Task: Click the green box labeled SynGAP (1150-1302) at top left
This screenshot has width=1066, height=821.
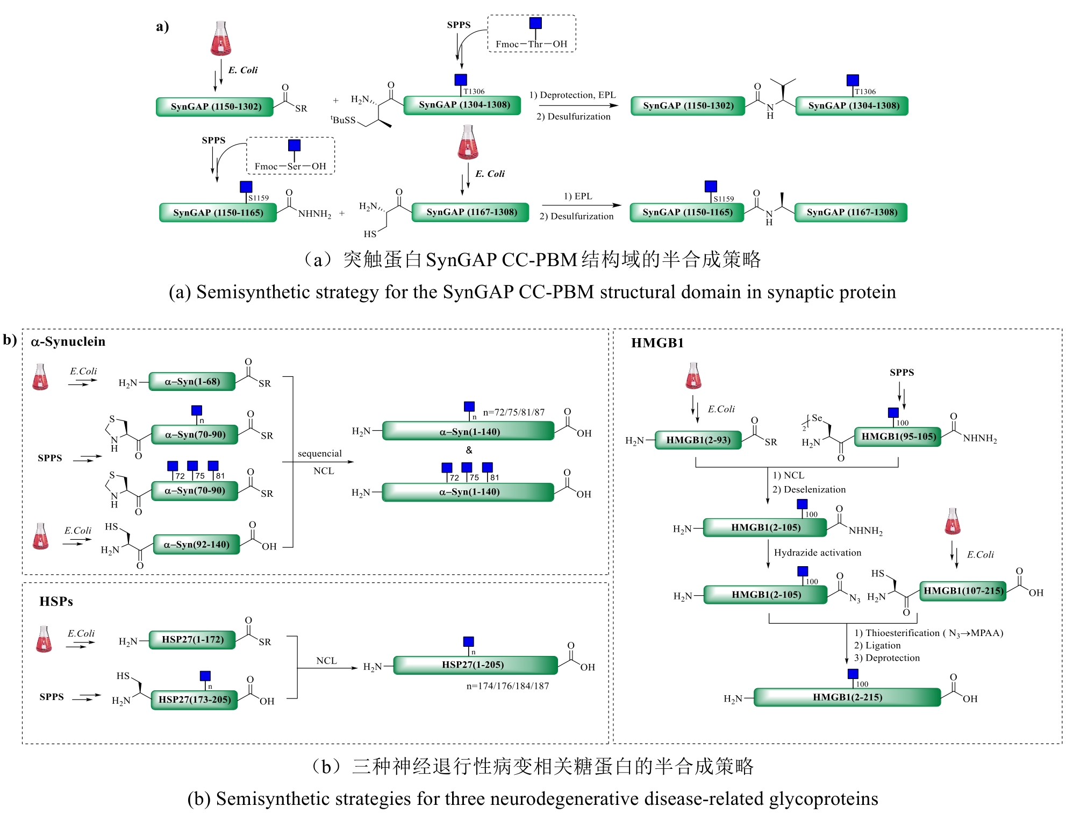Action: tap(216, 106)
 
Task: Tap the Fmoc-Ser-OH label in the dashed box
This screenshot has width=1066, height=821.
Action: tap(290, 166)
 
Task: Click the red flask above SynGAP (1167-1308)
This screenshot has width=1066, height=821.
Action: tap(468, 142)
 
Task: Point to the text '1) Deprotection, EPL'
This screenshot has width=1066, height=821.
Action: tap(573, 95)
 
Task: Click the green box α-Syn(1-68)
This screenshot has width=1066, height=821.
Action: tap(192, 382)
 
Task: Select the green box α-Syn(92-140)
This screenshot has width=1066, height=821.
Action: tap(196, 545)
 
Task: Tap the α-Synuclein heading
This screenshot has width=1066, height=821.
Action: tap(68, 342)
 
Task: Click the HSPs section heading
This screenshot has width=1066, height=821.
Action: tap(56, 602)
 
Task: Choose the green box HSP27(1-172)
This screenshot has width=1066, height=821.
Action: tap(192, 639)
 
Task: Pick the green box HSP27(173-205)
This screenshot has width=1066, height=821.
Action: tap(195, 699)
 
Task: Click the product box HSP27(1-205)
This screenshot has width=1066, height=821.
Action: tap(474, 665)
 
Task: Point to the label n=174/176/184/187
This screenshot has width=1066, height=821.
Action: tap(507, 686)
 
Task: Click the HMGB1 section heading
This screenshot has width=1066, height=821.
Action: tap(657, 343)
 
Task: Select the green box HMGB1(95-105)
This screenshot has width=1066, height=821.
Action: tap(898, 437)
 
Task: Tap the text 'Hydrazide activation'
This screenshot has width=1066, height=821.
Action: tap(817, 553)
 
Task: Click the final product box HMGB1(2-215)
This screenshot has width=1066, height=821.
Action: tap(847, 697)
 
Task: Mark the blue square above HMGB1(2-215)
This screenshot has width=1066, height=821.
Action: tap(853, 674)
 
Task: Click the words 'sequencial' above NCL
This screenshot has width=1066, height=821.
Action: tap(319, 454)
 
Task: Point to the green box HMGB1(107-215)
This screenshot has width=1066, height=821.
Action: tap(963, 591)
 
